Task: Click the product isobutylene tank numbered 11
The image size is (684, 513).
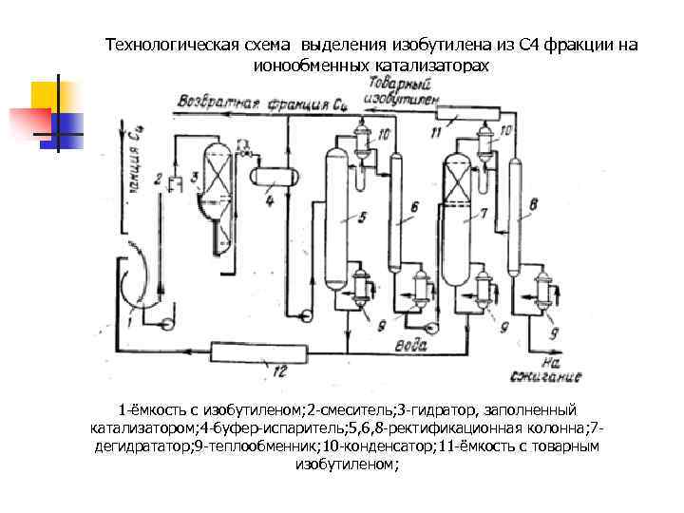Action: point(466,116)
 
